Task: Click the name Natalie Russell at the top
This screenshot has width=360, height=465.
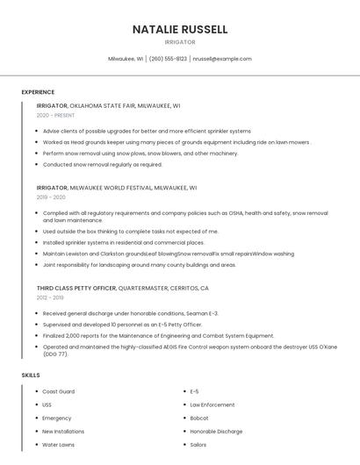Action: pos(180,29)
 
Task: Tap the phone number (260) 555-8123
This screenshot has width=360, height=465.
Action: pos(168,59)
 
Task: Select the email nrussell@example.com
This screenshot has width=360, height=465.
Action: pos(222,59)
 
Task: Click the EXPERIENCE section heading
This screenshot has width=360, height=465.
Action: pos(38,92)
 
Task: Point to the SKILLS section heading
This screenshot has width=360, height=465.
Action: pos(31,375)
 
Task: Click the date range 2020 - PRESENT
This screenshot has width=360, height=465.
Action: pos(56,115)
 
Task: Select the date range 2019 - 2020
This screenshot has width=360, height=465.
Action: pos(51,197)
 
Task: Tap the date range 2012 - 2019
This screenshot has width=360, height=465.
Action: pos(51,297)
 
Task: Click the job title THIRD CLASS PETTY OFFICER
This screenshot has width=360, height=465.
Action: pos(76,288)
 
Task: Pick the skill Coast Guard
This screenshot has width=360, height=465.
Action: pos(59,391)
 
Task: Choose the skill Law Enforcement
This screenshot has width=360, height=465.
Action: pos(212,404)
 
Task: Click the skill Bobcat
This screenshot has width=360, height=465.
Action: pos(199,418)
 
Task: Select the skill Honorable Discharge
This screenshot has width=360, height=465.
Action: pos(215,431)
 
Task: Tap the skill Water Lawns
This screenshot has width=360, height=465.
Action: pos(59,445)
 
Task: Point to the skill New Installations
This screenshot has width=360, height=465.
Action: pos(63,431)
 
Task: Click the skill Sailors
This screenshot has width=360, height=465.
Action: pos(199,445)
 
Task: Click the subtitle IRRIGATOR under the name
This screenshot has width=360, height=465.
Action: pos(180,42)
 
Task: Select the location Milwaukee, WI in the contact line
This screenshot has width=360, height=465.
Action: pos(126,59)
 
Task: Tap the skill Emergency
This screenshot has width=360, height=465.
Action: pos(58,418)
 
